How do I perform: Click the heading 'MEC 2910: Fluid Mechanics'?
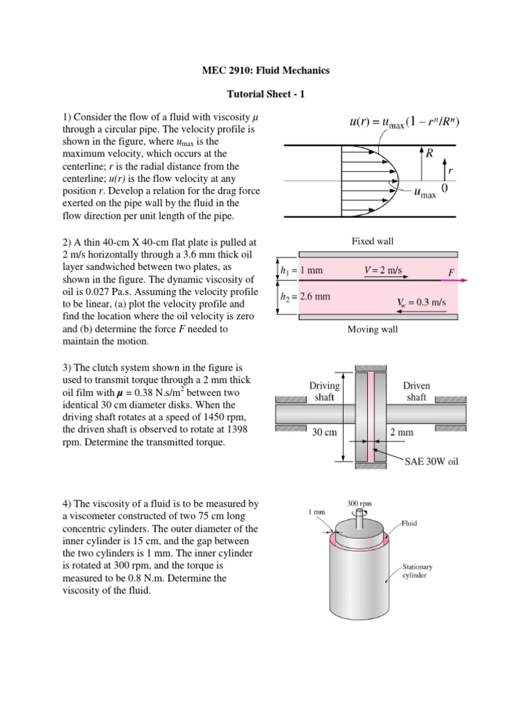pos(265,70)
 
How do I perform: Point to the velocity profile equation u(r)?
pos(404,123)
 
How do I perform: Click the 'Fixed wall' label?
pos(373,241)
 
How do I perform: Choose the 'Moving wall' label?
pos(373,329)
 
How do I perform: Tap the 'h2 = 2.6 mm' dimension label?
pos(305,297)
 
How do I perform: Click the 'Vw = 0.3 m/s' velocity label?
pos(410,302)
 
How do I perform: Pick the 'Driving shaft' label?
pos(323,391)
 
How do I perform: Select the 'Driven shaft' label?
pos(416,391)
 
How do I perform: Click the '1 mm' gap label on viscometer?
pos(315,512)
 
